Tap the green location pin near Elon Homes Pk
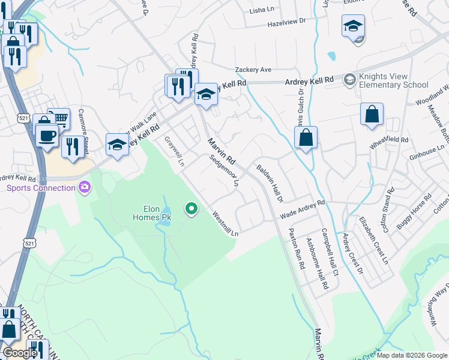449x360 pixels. [191, 209]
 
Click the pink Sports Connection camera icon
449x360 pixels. [84, 188]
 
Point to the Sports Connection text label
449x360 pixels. [41, 188]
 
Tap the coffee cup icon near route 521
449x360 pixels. [46, 135]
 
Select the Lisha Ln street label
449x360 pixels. [261, 10]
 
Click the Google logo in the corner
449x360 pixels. [20, 353]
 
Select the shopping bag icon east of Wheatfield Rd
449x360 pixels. [372, 114]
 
